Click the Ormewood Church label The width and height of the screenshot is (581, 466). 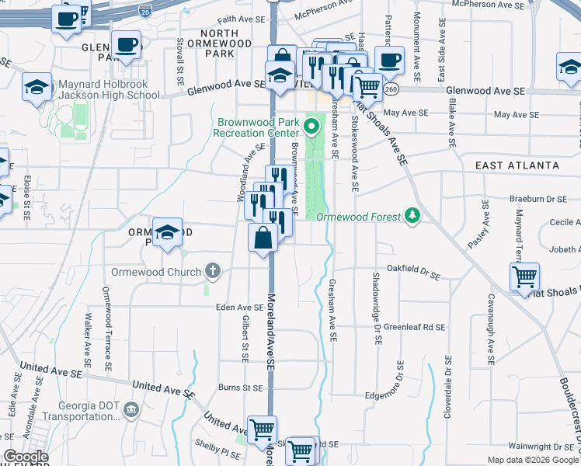[x=155, y=272]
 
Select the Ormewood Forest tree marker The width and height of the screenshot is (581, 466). [x=413, y=216]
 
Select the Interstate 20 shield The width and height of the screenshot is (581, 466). [x=144, y=11]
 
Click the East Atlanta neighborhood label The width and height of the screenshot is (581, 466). [x=517, y=165]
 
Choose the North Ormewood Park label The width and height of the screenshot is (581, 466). [x=225, y=43]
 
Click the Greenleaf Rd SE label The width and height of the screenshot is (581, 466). [x=414, y=328]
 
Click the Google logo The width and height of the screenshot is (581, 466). [x=25, y=457]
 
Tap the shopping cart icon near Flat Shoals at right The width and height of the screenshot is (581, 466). [x=526, y=276]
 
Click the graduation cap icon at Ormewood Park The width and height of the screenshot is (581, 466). [x=167, y=232]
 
